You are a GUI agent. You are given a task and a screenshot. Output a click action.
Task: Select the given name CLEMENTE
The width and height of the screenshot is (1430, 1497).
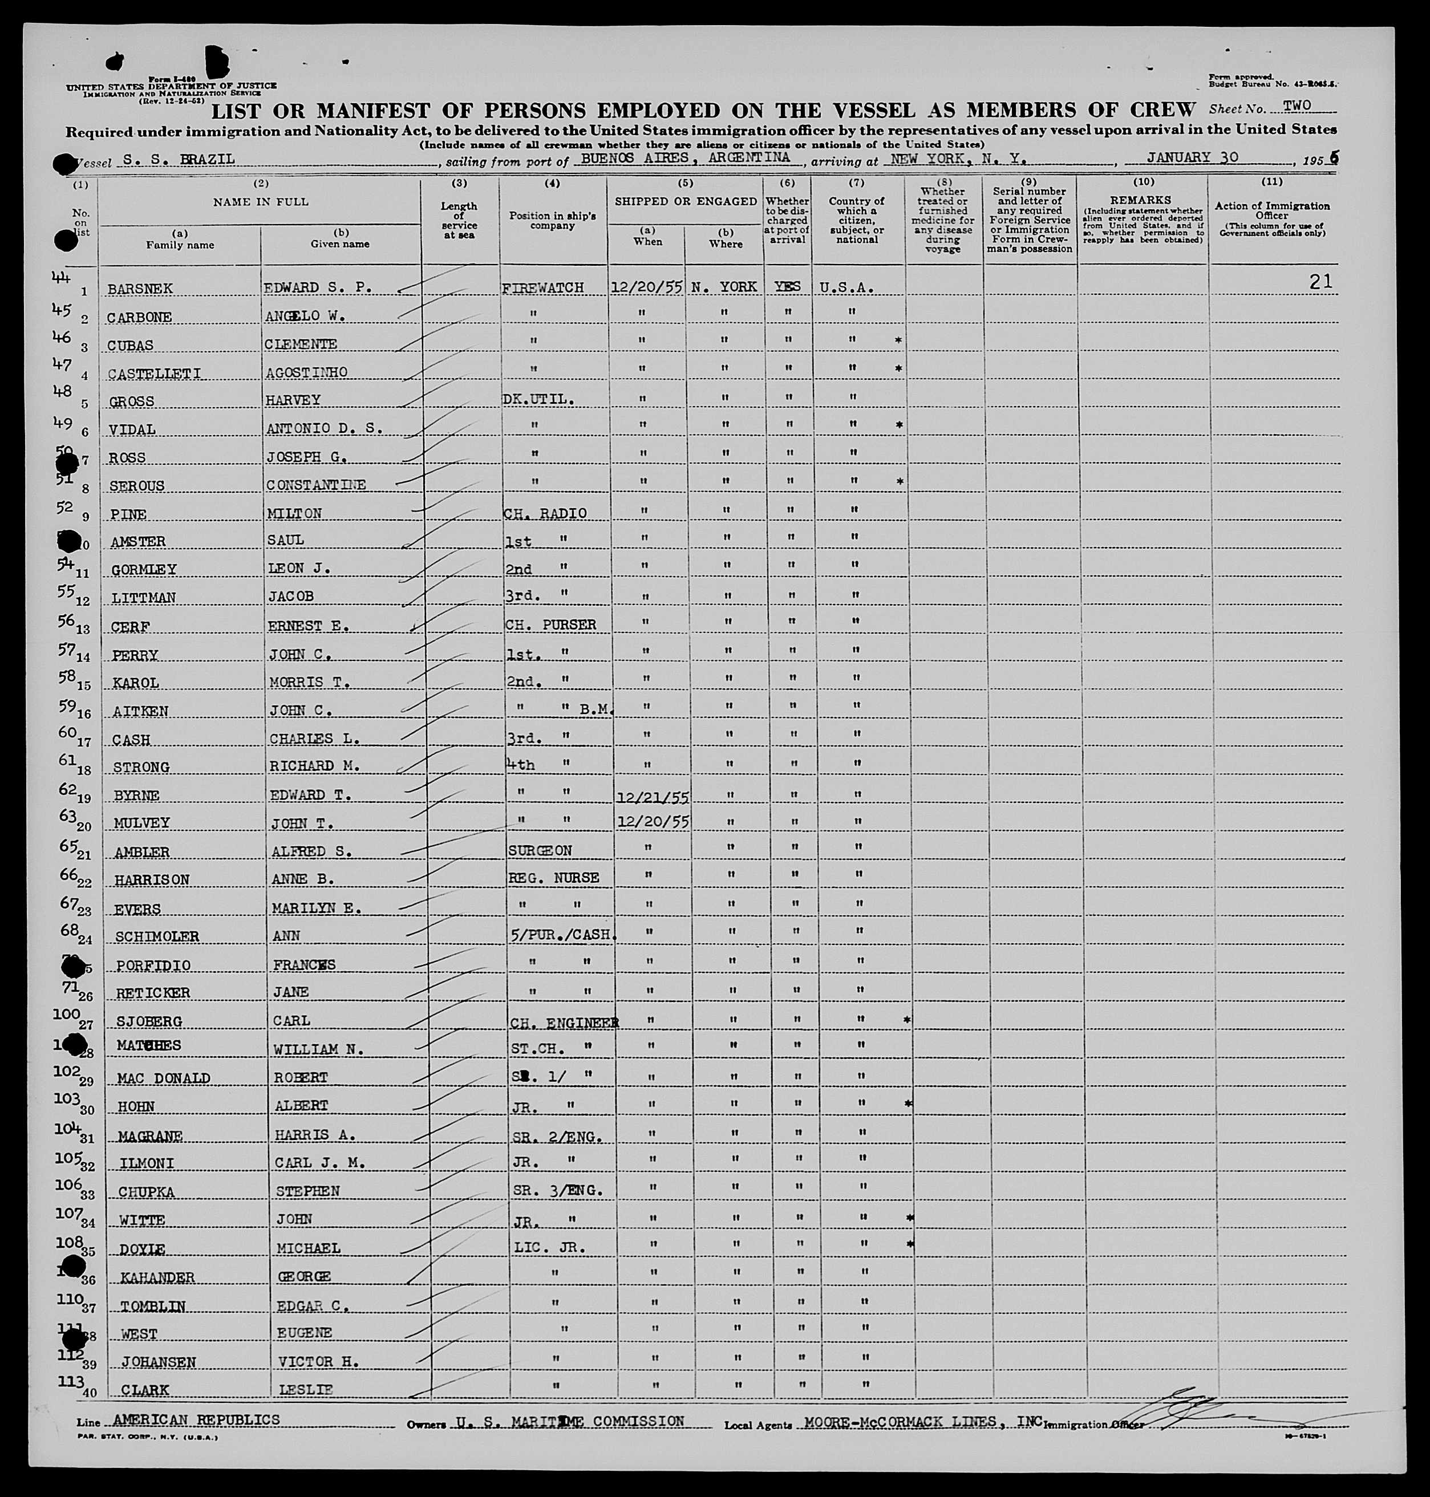coord(301,344)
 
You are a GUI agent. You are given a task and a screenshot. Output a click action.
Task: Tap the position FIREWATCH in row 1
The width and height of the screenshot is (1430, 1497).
coord(542,288)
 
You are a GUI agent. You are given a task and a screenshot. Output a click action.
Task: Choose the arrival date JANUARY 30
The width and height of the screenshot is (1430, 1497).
coord(1192,158)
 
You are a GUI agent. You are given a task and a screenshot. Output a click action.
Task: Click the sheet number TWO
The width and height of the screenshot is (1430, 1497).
coord(1297,106)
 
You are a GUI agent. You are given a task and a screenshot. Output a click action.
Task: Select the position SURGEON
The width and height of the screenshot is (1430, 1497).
coord(540,851)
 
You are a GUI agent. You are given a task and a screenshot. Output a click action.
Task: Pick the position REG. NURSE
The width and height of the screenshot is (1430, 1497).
coord(553,878)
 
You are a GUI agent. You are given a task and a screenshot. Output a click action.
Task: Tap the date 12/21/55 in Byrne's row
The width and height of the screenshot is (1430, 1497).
coord(653,797)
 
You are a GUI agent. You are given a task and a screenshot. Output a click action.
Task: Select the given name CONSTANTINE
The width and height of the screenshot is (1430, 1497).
coord(315,485)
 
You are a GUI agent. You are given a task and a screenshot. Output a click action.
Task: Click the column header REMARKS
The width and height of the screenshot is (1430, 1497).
coord(1141,200)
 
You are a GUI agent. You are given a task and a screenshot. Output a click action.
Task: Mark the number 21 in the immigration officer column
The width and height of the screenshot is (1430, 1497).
coord(1320,282)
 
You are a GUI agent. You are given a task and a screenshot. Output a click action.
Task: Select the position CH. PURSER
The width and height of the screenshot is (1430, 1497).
coord(550,625)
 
